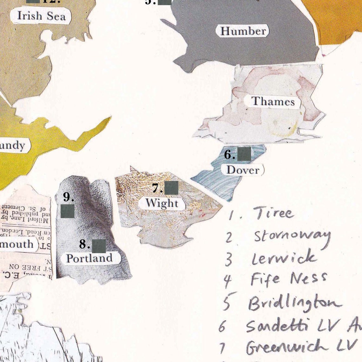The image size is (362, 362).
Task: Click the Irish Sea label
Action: [x=41, y=16]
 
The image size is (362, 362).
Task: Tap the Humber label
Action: [x=243, y=31]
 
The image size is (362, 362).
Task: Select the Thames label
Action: [x=273, y=102]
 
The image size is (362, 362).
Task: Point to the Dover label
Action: [x=243, y=170]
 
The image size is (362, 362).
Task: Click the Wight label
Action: [x=162, y=203]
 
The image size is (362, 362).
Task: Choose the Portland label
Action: [x=89, y=258]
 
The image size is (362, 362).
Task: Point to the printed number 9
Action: [x=68, y=197]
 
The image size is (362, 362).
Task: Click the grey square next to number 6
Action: [x=244, y=154]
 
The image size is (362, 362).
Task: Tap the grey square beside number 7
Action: [x=171, y=188]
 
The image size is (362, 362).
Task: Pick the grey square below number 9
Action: [x=67, y=211]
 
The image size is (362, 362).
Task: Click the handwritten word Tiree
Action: [x=273, y=213]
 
